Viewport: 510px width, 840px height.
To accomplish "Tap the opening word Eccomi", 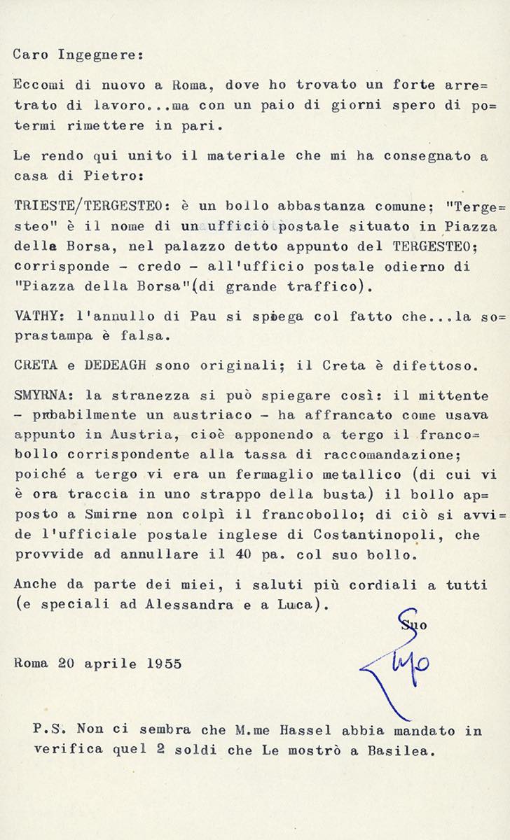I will coord(36,85).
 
